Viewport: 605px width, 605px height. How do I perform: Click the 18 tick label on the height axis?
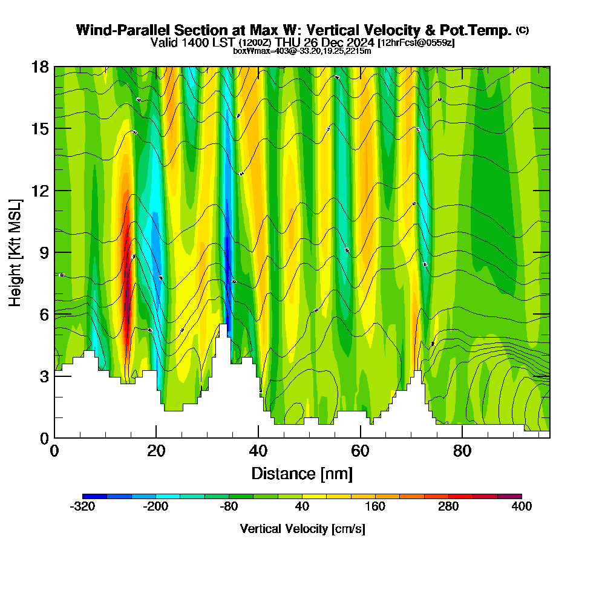click(40, 67)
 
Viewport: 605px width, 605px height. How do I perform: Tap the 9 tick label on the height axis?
click(44, 253)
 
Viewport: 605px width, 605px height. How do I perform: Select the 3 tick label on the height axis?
click(44, 376)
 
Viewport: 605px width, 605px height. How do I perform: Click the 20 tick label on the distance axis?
click(156, 451)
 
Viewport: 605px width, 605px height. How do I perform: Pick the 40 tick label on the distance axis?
click(258, 451)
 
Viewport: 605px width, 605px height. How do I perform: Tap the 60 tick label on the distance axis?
click(360, 451)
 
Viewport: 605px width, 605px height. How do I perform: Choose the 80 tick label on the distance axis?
click(462, 451)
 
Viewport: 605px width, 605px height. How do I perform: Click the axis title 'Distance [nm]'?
click(302, 473)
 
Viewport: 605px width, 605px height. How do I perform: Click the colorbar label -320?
click(82, 506)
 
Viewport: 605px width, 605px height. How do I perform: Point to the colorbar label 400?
click(522, 506)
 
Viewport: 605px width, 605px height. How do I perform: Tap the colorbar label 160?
click(375, 506)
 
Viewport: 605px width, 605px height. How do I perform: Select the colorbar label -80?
click(229, 506)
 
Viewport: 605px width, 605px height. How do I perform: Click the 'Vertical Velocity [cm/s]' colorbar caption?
click(302, 529)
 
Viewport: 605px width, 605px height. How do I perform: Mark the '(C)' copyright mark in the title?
click(522, 30)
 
